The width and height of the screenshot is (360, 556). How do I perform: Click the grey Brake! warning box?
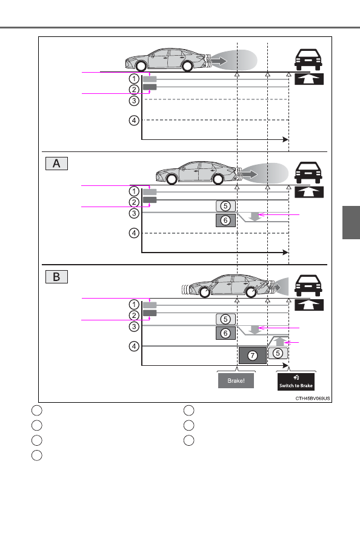coord(236,380)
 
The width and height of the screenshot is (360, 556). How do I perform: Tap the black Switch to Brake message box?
coord(296,382)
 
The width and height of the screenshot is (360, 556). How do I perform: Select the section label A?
coord(56,164)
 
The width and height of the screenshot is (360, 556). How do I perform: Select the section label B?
coord(56,277)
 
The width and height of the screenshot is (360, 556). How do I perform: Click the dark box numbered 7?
coord(253,356)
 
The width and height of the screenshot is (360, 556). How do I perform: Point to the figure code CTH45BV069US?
coord(313,398)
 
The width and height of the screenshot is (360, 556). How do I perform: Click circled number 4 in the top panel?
coord(134,121)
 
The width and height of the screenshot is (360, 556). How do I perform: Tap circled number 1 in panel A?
coord(134,191)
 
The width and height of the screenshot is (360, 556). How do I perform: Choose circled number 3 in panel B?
coord(134,326)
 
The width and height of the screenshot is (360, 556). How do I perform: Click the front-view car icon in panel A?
coord(308,173)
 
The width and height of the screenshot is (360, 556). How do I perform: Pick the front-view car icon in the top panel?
coord(308,59)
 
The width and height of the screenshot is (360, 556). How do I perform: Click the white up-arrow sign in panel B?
coord(309,305)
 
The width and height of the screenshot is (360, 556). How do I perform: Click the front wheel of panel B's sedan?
coord(251,292)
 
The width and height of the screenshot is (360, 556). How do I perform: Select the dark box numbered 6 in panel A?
coord(225,220)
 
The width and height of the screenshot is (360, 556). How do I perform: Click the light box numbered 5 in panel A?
coord(225,206)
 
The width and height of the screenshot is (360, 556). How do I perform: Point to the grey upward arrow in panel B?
coord(280,341)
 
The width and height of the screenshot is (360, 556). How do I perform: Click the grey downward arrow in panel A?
coord(255,216)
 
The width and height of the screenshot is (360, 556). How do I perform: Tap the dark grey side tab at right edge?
coord(351,222)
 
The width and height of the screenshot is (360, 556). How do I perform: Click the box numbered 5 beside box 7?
coord(278,353)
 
